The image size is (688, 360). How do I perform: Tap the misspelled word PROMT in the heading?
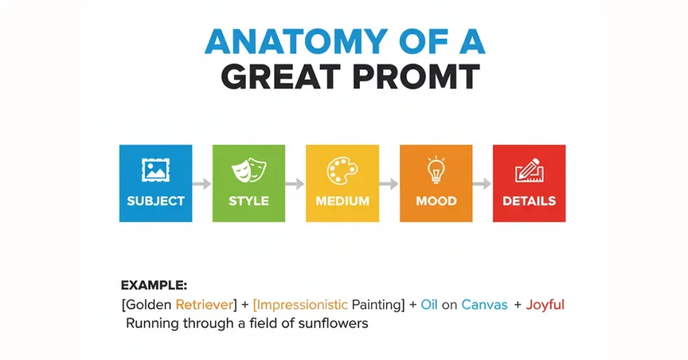click(x=416, y=77)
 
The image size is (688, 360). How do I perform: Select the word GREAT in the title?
click(x=281, y=77)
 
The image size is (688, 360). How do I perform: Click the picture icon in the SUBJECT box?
click(x=155, y=170)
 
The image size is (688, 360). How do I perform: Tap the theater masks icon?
click(x=249, y=170)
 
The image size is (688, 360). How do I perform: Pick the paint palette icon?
click(x=342, y=170)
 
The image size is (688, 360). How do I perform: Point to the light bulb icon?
click(x=435, y=169)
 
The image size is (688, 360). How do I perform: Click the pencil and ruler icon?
click(x=529, y=170)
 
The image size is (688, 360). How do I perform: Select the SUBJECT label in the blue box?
click(x=156, y=201)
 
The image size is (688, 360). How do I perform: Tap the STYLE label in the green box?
click(x=249, y=201)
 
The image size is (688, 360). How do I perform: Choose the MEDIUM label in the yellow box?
click(x=342, y=201)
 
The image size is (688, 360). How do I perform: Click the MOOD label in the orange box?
click(x=436, y=201)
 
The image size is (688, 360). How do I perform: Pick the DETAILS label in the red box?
click(x=529, y=201)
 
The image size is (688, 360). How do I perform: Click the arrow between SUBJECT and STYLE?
click(x=202, y=184)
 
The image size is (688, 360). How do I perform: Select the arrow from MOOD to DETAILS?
click(x=482, y=184)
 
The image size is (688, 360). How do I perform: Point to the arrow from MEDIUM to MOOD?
click(x=389, y=184)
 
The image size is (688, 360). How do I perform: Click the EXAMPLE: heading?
click(x=154, y=285)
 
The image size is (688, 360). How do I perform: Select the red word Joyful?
click(x=546, y=305)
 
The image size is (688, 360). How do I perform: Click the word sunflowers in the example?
click(x=333, y=324)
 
